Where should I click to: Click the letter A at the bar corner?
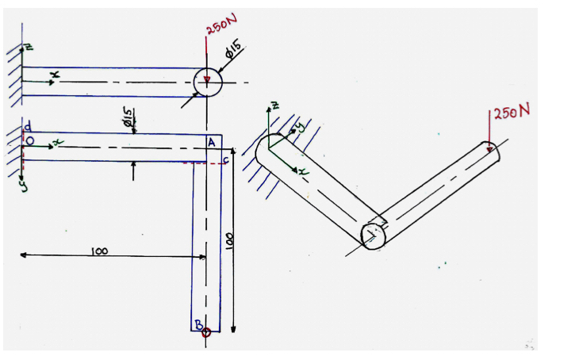211,142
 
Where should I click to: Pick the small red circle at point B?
206,331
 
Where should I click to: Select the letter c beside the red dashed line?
224,162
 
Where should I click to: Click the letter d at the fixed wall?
28,128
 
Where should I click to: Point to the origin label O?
29,142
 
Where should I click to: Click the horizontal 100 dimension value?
99,251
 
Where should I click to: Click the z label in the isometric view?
274,105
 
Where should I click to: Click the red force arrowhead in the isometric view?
490,147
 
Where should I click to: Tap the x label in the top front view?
54,75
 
